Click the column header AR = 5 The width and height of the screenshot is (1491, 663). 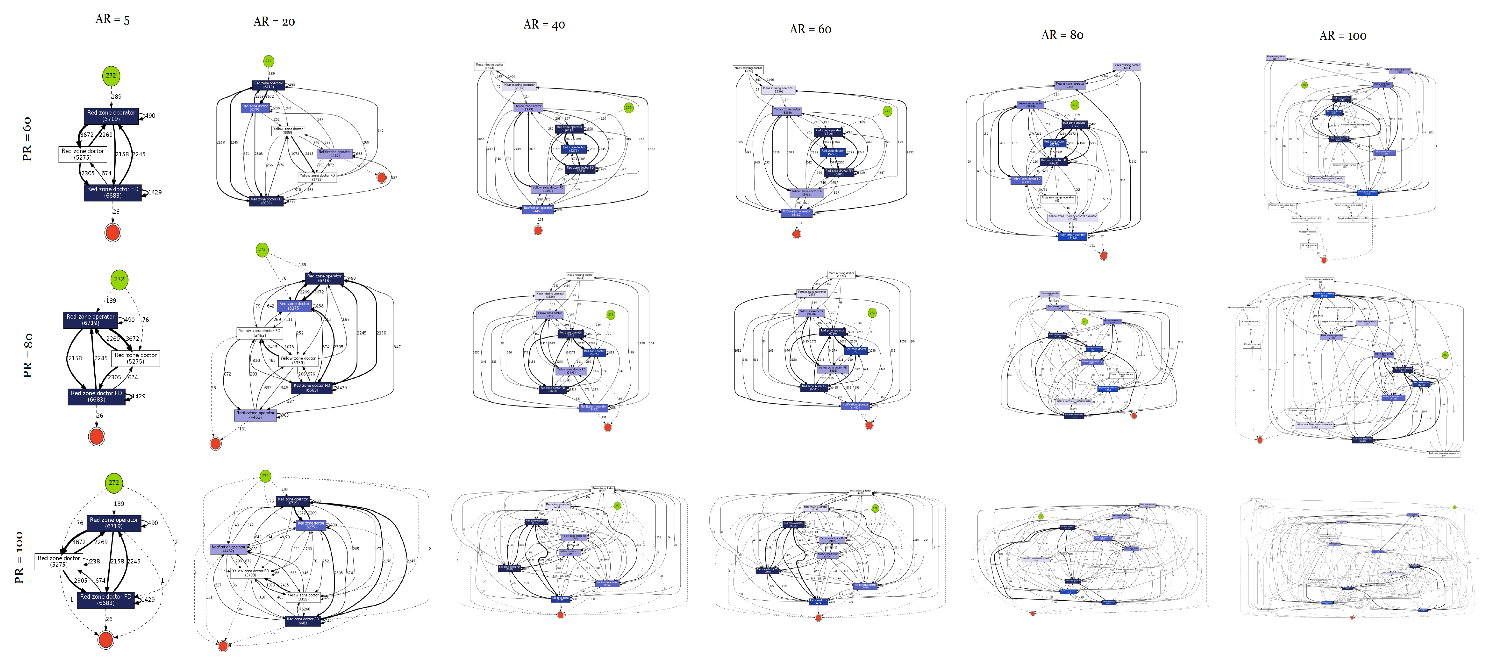[112, 19]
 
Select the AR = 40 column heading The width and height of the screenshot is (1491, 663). [544, 24]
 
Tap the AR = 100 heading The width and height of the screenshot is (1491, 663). [1343, 36]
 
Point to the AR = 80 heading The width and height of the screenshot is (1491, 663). [1062, 35]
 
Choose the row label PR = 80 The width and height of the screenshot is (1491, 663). [27, 355]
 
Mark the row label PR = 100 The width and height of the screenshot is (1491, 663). [19, 557]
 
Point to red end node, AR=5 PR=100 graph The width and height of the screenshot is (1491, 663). [105, 640]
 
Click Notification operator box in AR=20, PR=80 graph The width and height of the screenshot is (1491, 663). [255, 415]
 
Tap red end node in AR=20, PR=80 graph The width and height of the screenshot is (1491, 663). [215, 444]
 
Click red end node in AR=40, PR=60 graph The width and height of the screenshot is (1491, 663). [538, 230]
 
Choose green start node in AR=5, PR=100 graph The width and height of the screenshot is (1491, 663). [113, 482]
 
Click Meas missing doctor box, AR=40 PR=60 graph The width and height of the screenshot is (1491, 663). [489, 66]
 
